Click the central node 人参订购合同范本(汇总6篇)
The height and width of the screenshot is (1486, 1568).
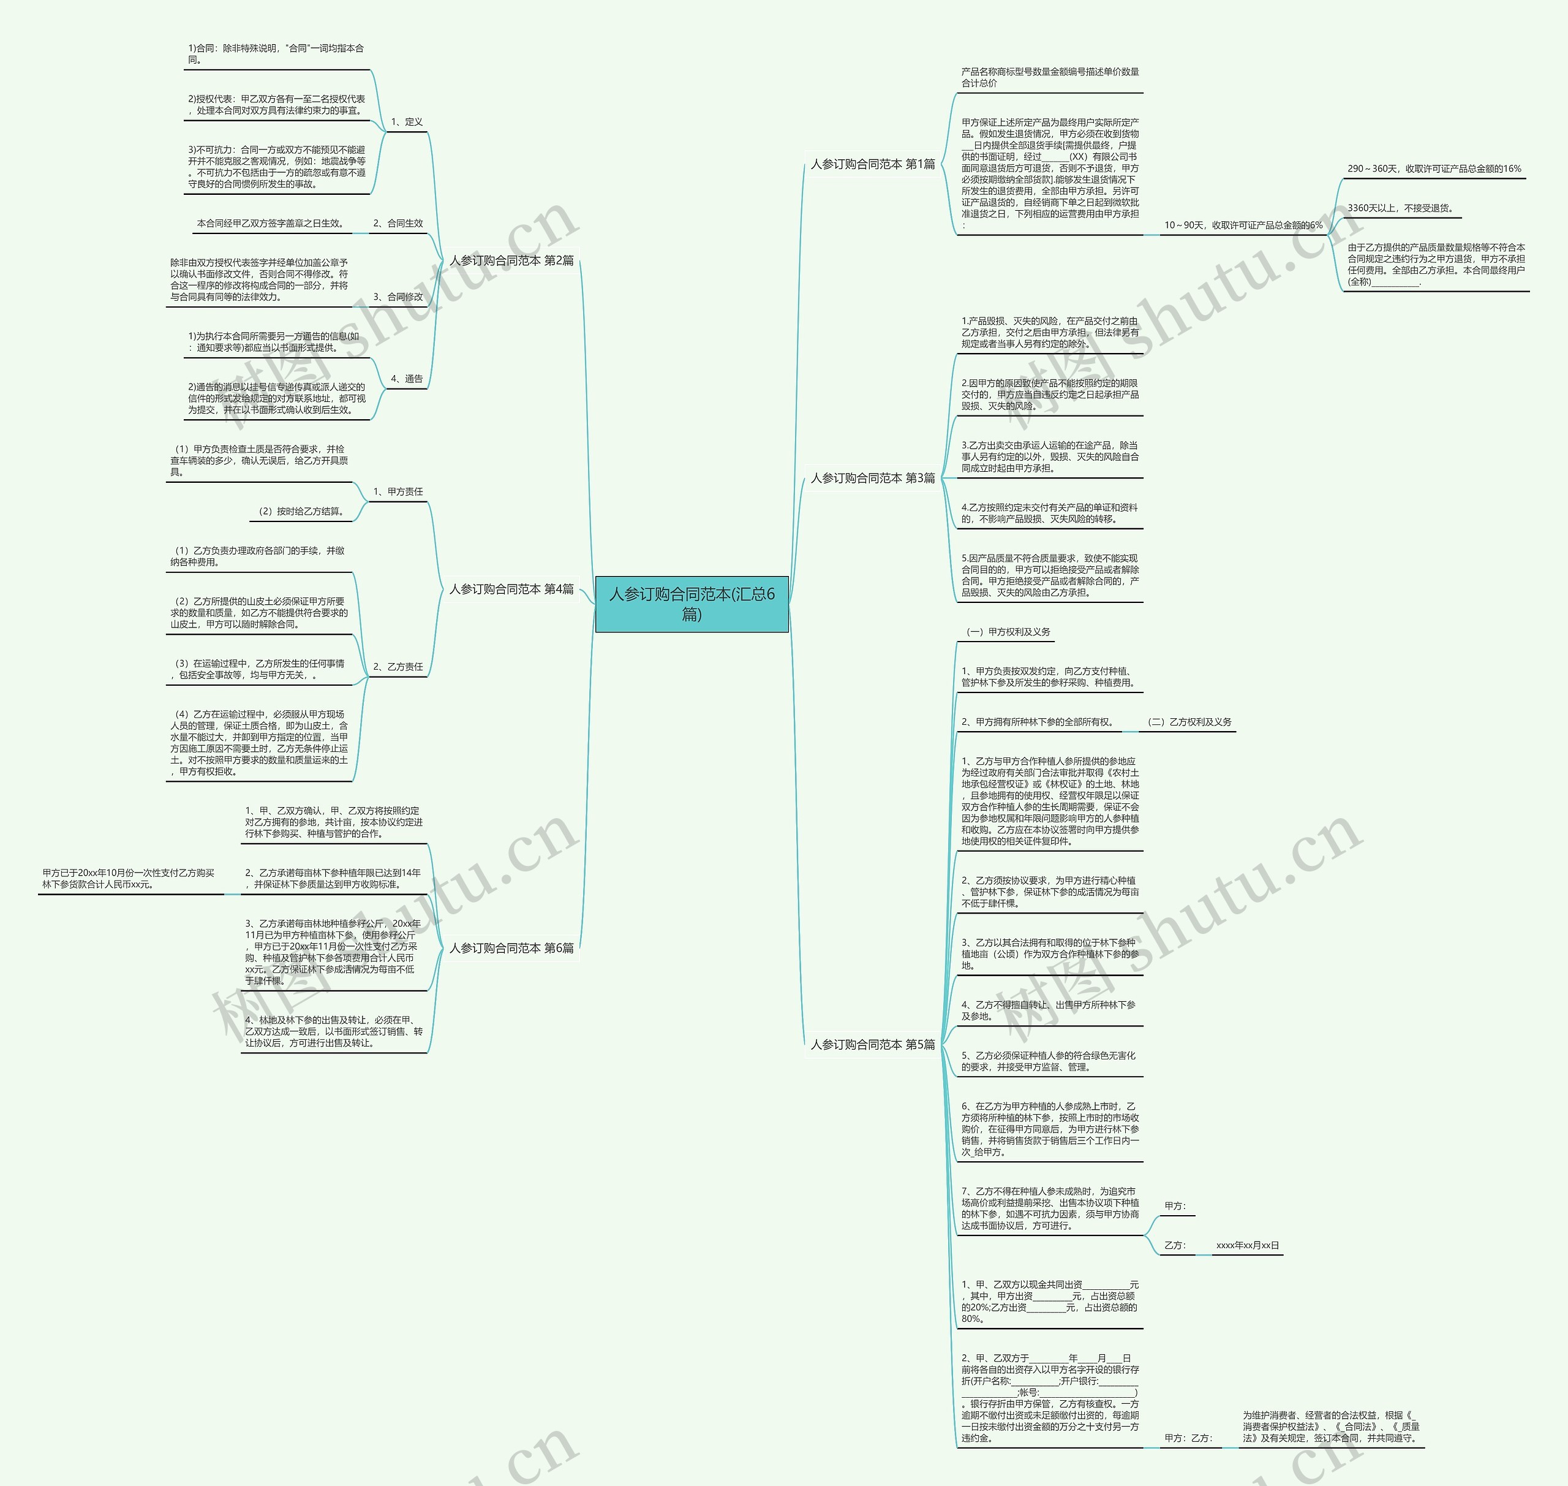[692, 604]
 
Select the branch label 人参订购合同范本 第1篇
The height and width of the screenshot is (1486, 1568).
[873, 164]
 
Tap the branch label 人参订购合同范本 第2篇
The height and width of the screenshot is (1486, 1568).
[511, 260]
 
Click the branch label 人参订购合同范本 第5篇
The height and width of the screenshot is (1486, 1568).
[873, 1044]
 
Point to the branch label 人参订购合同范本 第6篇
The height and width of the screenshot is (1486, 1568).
[511, 947]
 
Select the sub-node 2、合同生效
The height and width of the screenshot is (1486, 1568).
[398, 224]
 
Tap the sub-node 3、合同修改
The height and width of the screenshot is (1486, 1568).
[398, 297]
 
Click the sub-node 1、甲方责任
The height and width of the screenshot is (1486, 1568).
[398, 492]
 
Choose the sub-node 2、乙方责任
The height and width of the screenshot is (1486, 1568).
[398, 667]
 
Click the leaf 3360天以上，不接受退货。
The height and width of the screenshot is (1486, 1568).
[1401, 208]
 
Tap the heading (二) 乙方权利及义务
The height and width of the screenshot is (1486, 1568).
[1189, 722]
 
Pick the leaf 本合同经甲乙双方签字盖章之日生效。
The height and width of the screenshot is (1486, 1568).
[271, 224]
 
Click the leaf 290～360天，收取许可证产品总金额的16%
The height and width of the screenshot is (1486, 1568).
[1434, 169]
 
